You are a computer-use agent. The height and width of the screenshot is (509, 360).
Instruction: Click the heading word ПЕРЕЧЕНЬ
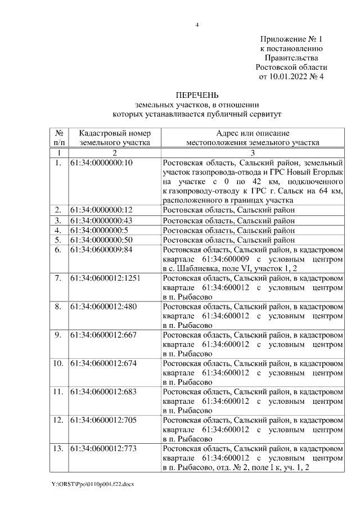point(197,94)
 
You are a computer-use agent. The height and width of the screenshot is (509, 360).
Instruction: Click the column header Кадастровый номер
point(115,133)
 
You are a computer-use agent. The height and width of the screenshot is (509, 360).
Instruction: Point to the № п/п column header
point(58,138)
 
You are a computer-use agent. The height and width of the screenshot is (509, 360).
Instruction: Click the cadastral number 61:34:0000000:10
point(101,163)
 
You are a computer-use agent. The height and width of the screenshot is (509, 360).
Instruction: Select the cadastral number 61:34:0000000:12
point(101,210)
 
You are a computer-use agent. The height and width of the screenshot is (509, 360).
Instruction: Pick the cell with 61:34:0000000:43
point(101,220)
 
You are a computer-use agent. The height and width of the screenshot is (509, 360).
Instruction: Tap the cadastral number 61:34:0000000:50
point(101,240)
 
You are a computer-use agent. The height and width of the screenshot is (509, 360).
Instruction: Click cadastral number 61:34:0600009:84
point(101,250)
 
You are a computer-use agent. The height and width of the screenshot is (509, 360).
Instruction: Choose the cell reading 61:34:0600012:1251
point(105,278)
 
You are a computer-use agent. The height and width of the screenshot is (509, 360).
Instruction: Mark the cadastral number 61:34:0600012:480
point(103,307)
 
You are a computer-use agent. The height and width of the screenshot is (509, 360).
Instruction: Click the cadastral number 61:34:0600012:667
point(103,335)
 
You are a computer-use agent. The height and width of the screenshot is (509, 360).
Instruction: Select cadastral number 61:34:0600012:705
point(103,420)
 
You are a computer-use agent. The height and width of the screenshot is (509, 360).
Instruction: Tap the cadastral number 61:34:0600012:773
point(103,448)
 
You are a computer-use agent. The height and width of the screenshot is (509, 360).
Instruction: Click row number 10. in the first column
point(58,363)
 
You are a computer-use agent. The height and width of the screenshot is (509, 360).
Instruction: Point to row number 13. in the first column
point(58,448)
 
